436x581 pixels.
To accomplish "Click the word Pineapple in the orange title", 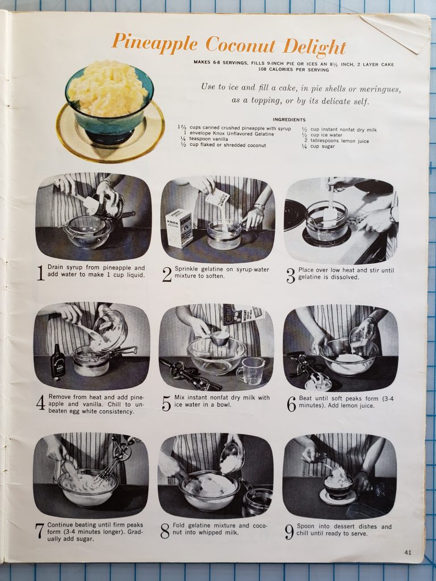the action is click(154, 43).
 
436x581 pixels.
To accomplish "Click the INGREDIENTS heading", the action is click(289, 120).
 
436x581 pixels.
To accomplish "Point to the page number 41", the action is click(408, 552).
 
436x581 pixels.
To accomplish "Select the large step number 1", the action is click(41, 273).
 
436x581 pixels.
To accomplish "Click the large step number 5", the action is click(166, 403).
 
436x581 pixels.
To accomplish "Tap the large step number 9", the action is click(289, 532).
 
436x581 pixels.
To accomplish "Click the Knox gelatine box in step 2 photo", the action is click(179, 228).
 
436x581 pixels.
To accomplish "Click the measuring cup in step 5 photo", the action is click(250, 371).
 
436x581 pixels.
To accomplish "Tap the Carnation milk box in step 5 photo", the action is click(242, 313).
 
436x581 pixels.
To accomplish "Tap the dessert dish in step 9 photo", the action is click(338, 486).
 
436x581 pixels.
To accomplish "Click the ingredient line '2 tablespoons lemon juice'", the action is click(336, 141).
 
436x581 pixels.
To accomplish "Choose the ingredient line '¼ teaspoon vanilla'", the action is click(204, 139).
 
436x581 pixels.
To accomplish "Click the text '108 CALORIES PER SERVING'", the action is click(294, 70).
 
